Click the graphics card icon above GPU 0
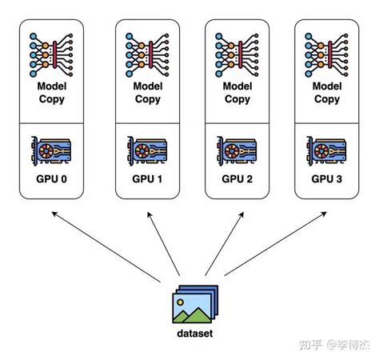(51, 150)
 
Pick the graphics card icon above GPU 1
(147, 150)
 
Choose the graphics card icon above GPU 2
(237, 150)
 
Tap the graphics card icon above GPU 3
(326, 150)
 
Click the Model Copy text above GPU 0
(51, 93)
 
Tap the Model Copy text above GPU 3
(326, 93)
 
